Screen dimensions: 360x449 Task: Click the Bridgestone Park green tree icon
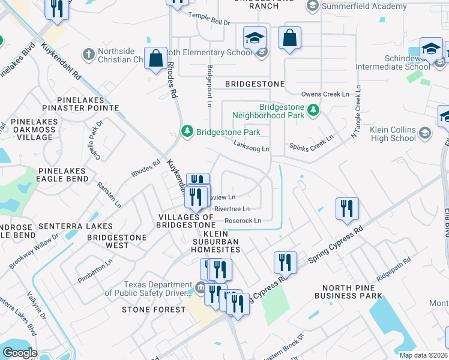click(187, 131)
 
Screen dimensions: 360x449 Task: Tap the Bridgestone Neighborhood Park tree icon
click(313, 110)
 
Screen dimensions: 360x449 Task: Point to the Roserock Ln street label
click(243, 221)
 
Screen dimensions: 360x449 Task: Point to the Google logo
click(20, 352)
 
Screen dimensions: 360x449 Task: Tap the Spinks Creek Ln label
click(311, 145)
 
